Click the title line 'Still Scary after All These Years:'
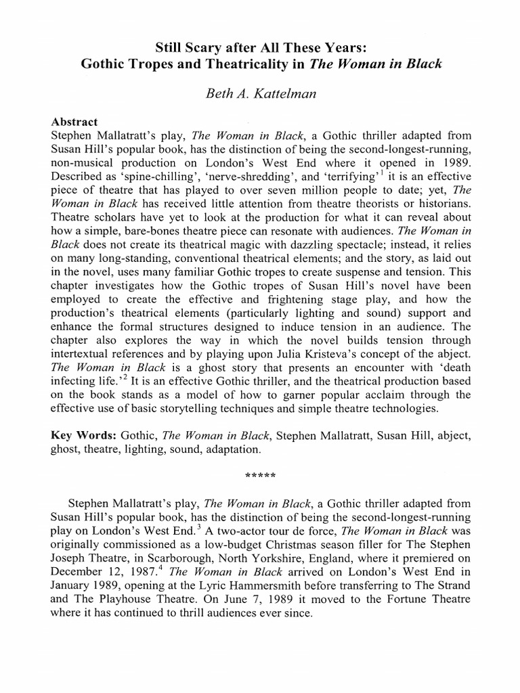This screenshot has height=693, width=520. point(259,47)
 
